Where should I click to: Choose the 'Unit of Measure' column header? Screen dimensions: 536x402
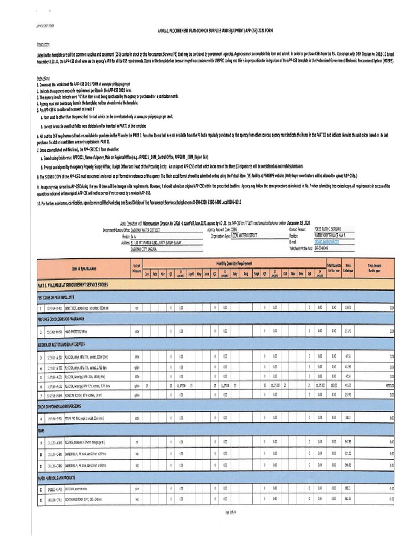[137, 268]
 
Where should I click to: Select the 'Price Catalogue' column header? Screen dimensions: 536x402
[349, 268]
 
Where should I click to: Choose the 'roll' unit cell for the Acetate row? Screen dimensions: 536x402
[137, 443]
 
